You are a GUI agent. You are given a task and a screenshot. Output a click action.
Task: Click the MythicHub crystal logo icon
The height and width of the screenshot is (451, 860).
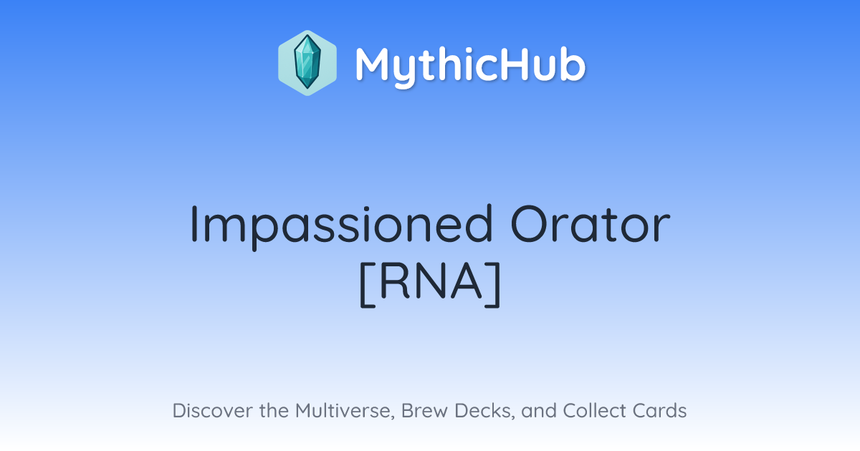tap(307, 63)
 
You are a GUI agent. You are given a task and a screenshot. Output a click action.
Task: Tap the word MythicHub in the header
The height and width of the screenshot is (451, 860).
tap(470, 66)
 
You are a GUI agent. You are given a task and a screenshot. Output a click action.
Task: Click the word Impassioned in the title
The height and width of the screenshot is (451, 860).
tap(341, 227)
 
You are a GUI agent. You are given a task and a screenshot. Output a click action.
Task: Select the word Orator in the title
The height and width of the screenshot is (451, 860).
tap(590, 224)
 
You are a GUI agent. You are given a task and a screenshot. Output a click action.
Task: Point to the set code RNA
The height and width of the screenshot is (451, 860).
tap(431, 283)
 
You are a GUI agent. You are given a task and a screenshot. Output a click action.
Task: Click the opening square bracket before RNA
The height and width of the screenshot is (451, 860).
tap(368, 284)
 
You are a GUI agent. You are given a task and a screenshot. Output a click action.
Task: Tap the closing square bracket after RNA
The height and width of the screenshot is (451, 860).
tap(493, 284)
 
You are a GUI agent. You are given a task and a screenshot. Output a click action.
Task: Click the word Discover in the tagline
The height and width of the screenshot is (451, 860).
tap(212, 410)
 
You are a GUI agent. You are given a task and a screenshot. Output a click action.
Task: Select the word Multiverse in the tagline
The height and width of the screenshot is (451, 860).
tap(345, 411)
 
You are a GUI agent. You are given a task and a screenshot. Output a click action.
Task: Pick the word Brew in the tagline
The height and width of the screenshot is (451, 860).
tap(424, 410)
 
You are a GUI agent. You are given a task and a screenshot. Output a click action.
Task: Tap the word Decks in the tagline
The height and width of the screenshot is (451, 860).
tap(485, 411)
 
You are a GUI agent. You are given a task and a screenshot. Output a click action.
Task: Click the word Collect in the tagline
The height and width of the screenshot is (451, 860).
tap(594, 410)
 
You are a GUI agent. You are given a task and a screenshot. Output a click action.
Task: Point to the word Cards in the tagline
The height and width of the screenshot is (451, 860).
tap(659, 410)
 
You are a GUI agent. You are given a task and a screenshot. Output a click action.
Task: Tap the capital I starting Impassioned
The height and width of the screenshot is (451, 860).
tap(193, 224)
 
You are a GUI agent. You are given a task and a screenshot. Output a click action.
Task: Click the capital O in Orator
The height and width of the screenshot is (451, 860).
tap(530, 224)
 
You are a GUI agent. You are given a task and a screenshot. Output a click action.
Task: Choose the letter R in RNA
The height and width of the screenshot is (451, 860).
tap(393, 281)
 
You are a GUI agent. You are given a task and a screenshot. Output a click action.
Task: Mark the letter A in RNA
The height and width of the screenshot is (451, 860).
tap(466, 281)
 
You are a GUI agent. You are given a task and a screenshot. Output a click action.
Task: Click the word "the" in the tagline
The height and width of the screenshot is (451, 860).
tap(274, 410)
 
